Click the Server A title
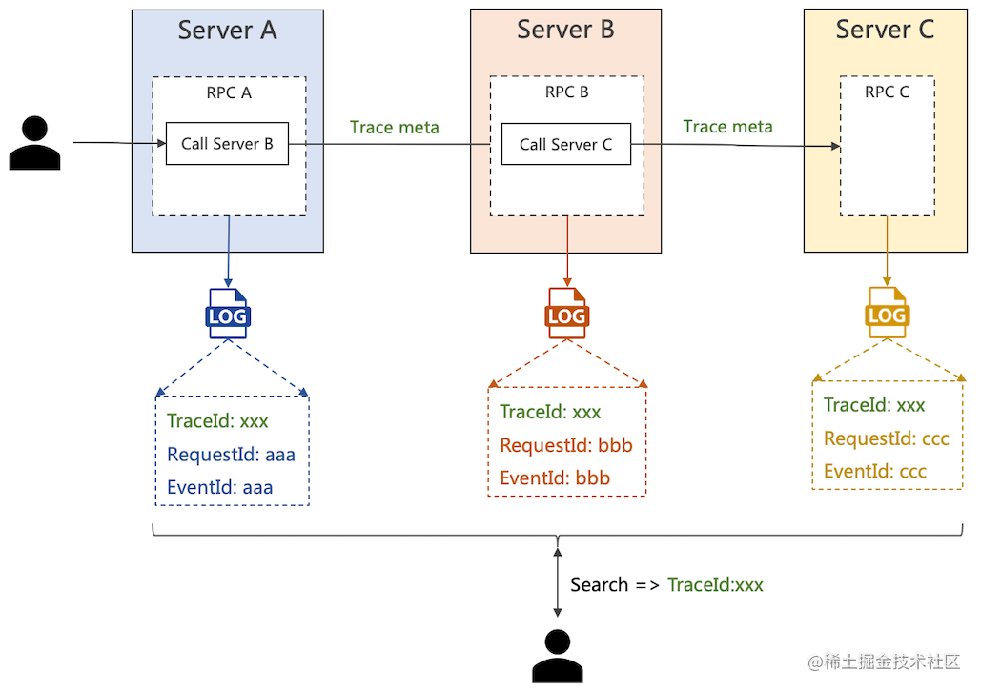227,31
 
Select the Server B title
565,30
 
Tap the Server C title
885,30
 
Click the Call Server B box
227,144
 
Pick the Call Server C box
565,145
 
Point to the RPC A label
229,93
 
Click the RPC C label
887,92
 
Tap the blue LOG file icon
228,314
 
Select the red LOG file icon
566,314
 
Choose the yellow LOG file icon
887,313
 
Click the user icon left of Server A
35,144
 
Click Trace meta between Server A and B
394,128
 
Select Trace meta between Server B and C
727,127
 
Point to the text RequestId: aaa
231,455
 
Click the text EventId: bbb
554,478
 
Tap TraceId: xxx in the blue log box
217,421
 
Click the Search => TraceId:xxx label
666,585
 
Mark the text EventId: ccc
874,471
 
